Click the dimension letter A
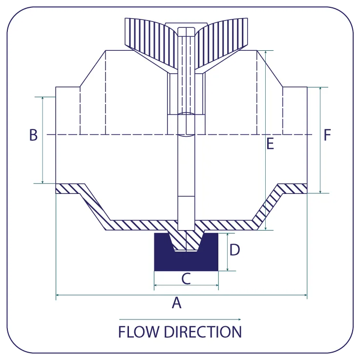point(176,302)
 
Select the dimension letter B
point(33,135)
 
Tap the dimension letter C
point(186,278)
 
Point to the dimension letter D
point(234,250)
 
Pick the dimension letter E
point(270,144)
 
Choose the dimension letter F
point(327,135)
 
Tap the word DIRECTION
point(203,332)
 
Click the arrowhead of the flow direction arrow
point(239,319)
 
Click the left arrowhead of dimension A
point(58,295)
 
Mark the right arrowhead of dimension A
point(305,295)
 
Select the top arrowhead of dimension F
point(320,89)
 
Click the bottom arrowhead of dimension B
point(42,182)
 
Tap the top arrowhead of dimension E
point(266,52)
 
